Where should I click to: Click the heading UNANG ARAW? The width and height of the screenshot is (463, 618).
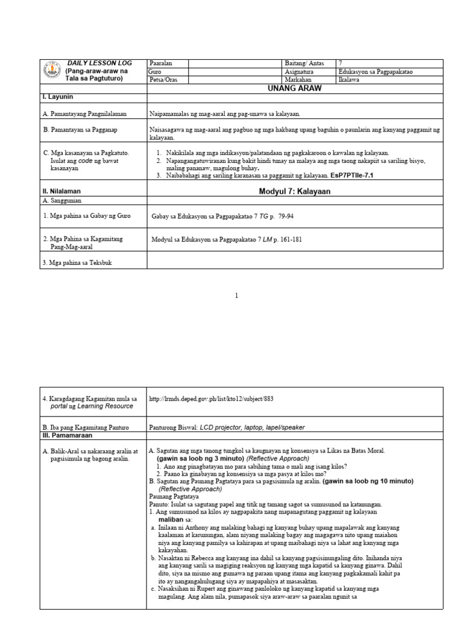(x=295, y=88)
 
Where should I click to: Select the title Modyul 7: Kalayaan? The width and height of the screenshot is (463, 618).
(x=295, y=191)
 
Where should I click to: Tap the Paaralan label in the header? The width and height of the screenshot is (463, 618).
(x=160, y=63)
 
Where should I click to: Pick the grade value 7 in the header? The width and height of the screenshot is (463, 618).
(x=341, y=63)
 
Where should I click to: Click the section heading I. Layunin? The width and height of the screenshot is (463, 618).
(x=57, y=97)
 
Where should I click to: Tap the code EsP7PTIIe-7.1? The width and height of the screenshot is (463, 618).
(x=352, y=175)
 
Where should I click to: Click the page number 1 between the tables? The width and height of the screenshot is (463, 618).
(x=237, y=296)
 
